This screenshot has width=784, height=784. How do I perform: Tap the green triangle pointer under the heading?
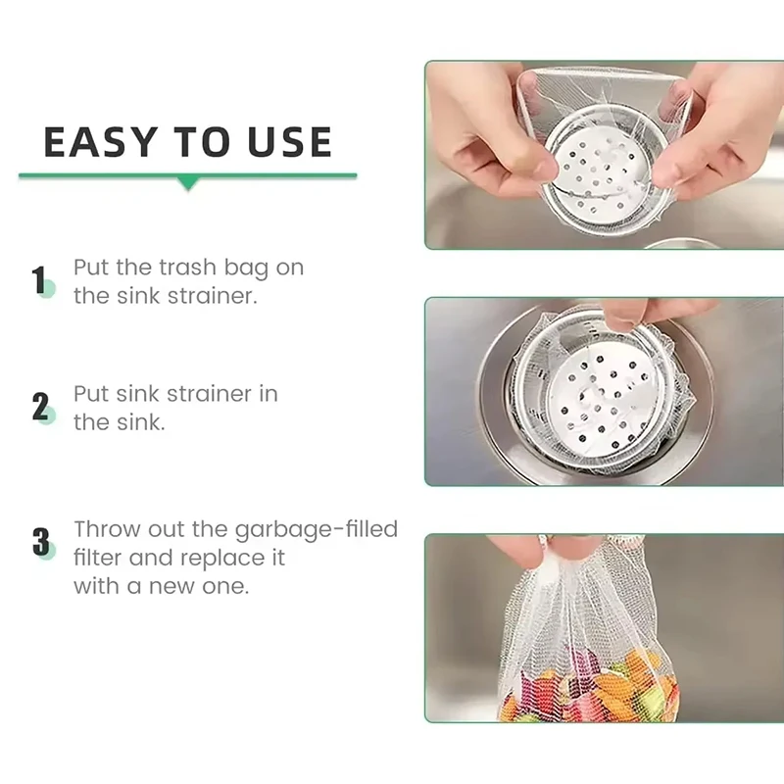pos(188,183)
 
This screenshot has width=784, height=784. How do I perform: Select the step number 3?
pos(41,542)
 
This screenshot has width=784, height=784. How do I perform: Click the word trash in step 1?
pos(188,267)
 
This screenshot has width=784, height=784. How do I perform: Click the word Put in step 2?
pos(91,394)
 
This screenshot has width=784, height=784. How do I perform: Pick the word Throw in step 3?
pos(108,529)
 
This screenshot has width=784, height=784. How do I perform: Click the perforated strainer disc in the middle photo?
pos(599,397)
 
